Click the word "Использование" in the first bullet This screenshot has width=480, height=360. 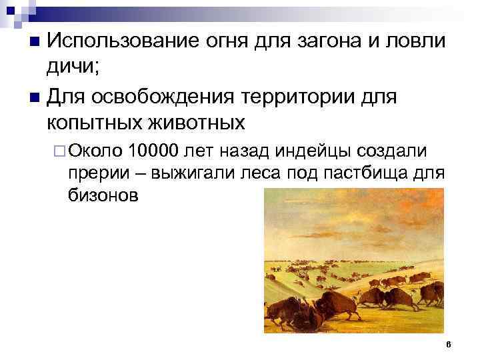119,41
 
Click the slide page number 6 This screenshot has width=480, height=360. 449,345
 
